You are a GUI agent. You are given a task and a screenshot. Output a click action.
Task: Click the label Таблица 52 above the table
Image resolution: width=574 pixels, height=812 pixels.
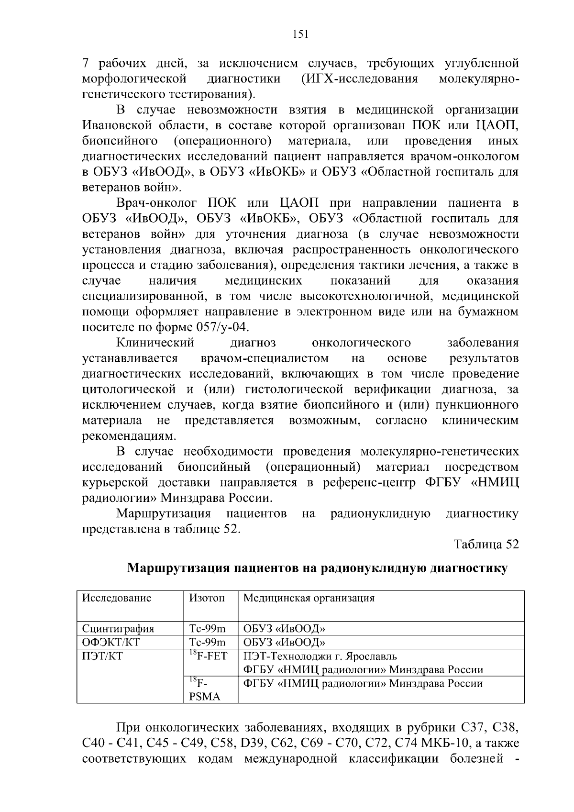point(486,545)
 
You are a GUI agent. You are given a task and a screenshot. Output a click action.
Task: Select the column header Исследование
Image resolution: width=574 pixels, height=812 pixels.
point(117,598)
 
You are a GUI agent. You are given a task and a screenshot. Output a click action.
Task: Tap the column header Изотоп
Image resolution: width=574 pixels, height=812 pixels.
point(207,598)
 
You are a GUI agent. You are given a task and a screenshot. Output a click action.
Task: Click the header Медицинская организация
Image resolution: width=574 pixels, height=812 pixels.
point(309,598)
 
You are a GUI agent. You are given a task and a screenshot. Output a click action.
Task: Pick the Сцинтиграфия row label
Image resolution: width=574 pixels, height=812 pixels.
point(118,629)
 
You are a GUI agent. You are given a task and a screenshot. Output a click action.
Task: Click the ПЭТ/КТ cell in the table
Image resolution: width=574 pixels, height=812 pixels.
point(102,656)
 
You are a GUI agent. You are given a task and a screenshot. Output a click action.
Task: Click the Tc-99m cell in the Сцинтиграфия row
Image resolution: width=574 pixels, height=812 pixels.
point(207,629)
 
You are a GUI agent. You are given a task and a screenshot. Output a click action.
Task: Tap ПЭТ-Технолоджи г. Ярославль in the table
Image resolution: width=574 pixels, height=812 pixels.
point(320,656)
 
